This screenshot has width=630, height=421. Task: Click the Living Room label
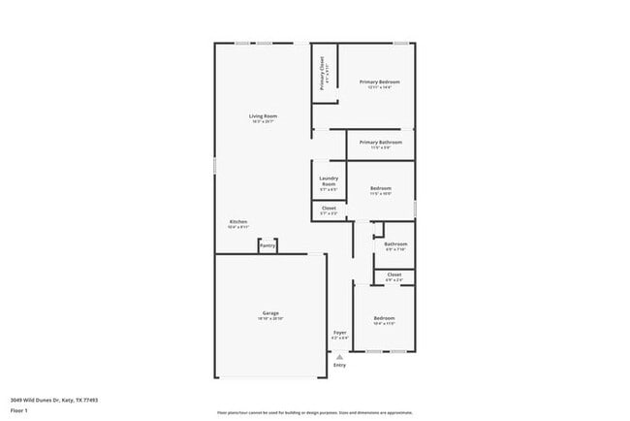coord(263,116)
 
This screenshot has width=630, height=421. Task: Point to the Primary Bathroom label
coord(380,143)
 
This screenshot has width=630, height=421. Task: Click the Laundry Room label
coord(328,181)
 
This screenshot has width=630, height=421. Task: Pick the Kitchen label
coord(238,222)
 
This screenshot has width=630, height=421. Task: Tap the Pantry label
coord(268,246)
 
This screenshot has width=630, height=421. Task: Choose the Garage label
coord(270,313)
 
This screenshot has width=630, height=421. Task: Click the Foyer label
coord(340,333)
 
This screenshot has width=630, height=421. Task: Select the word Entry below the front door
coord(339,365)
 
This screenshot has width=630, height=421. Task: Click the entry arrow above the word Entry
coord(339,356)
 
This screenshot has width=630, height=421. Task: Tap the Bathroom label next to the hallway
coord(394,243)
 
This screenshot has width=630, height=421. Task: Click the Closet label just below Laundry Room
coord(329,208)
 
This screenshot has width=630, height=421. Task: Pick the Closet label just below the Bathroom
coord(394,275)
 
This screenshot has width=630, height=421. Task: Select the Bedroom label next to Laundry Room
coord(380,188)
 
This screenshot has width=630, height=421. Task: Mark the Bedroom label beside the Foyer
coord(385,318)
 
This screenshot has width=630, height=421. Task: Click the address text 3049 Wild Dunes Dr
coord(54,399)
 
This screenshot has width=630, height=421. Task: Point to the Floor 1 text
coord(20,410)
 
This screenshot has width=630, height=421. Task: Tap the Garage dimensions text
coord(270,319)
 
